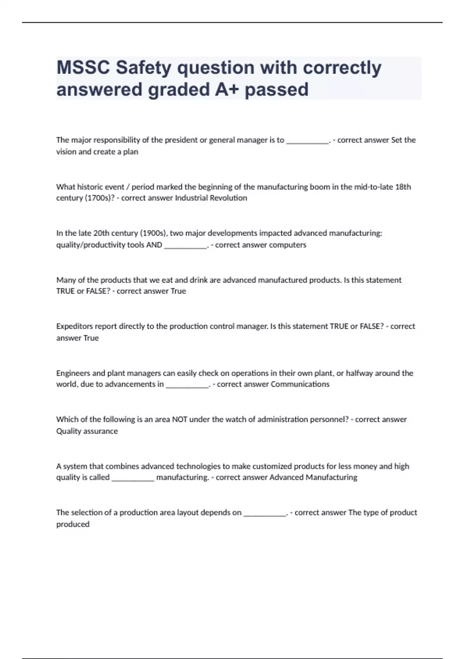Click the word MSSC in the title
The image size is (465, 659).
[83, 68]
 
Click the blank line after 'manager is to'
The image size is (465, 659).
[307, 141]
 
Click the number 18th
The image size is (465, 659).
[403, 187]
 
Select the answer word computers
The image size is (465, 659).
[288, 245]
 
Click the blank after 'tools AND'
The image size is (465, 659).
[186, 246]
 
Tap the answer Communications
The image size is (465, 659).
[300, 384]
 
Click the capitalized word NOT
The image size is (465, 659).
[179, 419]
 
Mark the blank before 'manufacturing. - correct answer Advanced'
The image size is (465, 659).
[133, 478]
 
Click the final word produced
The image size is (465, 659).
[73, 524]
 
